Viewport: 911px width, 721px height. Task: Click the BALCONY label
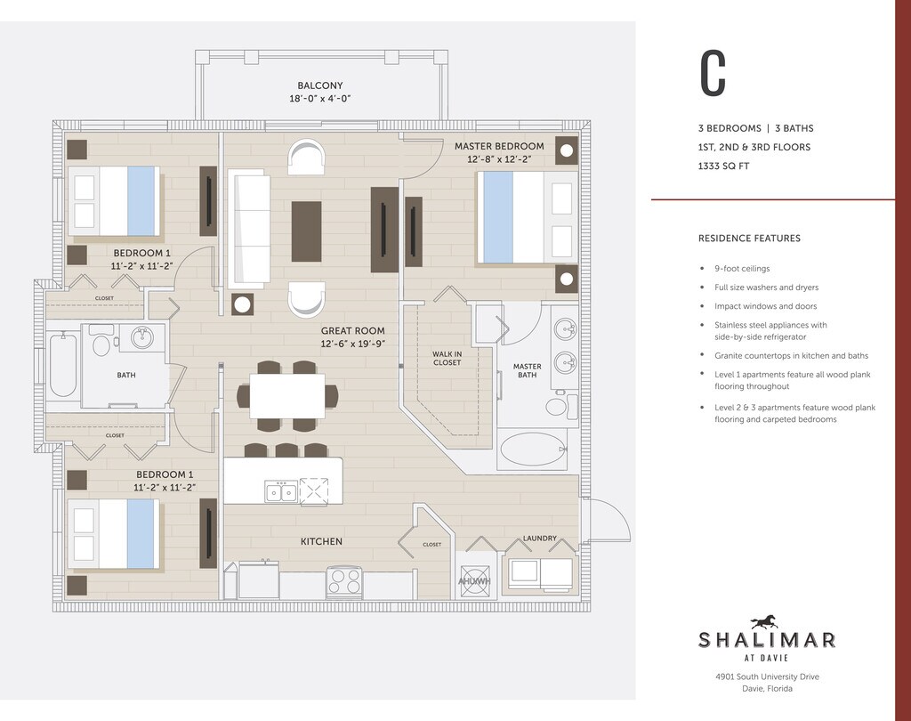pyautogui.click(x=320, y=85)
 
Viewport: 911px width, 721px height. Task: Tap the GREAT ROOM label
pyautogui.click(x=352, y=331)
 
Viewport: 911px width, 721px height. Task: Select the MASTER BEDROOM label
pyautogui.click(x=499, y=147)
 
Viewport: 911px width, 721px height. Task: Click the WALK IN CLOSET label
pyautogui.click(x=447, y=358)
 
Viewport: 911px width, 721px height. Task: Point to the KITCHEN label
pyautogui.click(x=321, y=541)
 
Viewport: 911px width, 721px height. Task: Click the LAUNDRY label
pyautogui.click(x=540, y=539)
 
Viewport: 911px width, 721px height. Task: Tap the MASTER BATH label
pyautogui.click(x=527, y=370)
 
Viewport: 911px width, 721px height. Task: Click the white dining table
pyautogui.click(x=287, y=395)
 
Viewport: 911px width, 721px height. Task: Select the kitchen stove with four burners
pyautogui.click(x=344, y=581)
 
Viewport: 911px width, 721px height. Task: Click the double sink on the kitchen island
pyautogui.click(x=281, y=492)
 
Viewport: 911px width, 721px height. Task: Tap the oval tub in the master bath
pyautogui.click(x=533, y=450)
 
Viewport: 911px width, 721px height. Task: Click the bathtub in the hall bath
pyautogui.click(x=63, y=364)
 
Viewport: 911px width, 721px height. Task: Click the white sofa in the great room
pyautogui.click(x=249, y=229)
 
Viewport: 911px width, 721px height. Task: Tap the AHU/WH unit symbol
pyautogui.click(x=475, y=581)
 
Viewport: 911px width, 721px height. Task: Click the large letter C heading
pyautogui.click(x=713, y=73)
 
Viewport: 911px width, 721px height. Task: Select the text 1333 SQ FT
pyautogui.click(x=724, y=166)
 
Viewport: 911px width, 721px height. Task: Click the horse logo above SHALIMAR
pyautogui.click(x=764, y=623)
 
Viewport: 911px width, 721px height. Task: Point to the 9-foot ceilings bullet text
pyautogui.click(x=742, y=269)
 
